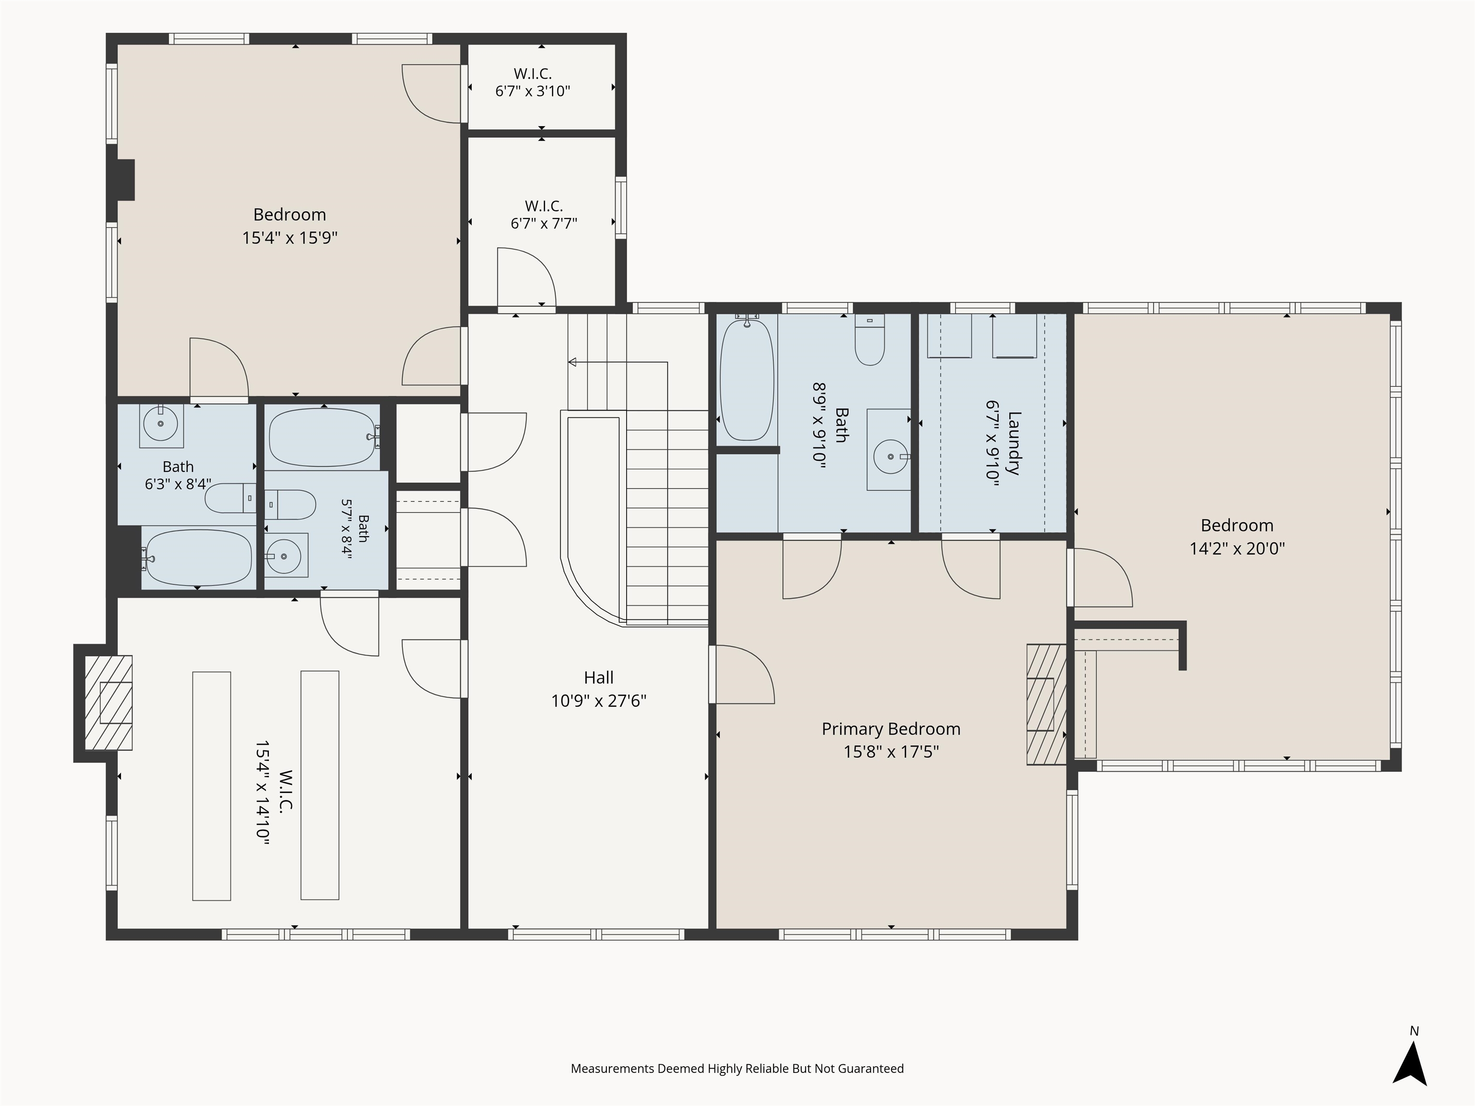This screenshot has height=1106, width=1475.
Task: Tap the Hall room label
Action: click(598, 678)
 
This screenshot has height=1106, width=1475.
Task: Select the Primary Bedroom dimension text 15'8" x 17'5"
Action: click(891, 752)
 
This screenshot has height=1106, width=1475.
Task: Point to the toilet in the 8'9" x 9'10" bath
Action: click(870, 340)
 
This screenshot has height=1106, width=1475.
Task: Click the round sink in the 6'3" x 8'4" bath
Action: click(161, 423)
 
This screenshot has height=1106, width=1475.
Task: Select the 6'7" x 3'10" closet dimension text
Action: click(532, 91)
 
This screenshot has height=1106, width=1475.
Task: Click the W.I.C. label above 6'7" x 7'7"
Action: click(544, 206)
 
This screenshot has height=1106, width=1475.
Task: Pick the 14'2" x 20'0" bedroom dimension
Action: click(1237, 549)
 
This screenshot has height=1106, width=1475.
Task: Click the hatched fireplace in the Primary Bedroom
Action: click(1046, 704)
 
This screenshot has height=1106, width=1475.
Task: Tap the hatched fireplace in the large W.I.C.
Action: click(108, 703)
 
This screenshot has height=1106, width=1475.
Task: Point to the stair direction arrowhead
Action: click(572, 362)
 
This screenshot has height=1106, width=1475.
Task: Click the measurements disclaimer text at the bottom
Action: click(737, 1069)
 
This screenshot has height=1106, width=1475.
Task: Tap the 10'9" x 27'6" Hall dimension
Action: click(598, 701)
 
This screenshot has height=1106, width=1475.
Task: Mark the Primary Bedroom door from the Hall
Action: click(741, 674)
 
